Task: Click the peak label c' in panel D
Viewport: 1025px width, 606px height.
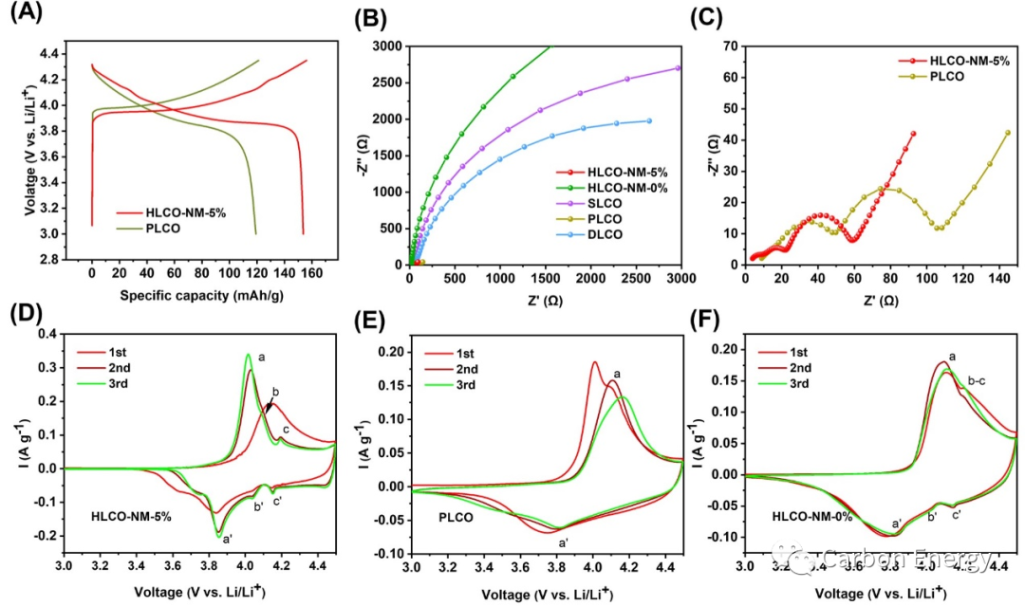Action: [276, 502]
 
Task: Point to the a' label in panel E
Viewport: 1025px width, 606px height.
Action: [563, 542]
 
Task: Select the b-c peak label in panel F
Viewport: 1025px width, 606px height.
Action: [978, 381]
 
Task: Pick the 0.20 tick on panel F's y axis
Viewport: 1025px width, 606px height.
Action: [726, 350]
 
